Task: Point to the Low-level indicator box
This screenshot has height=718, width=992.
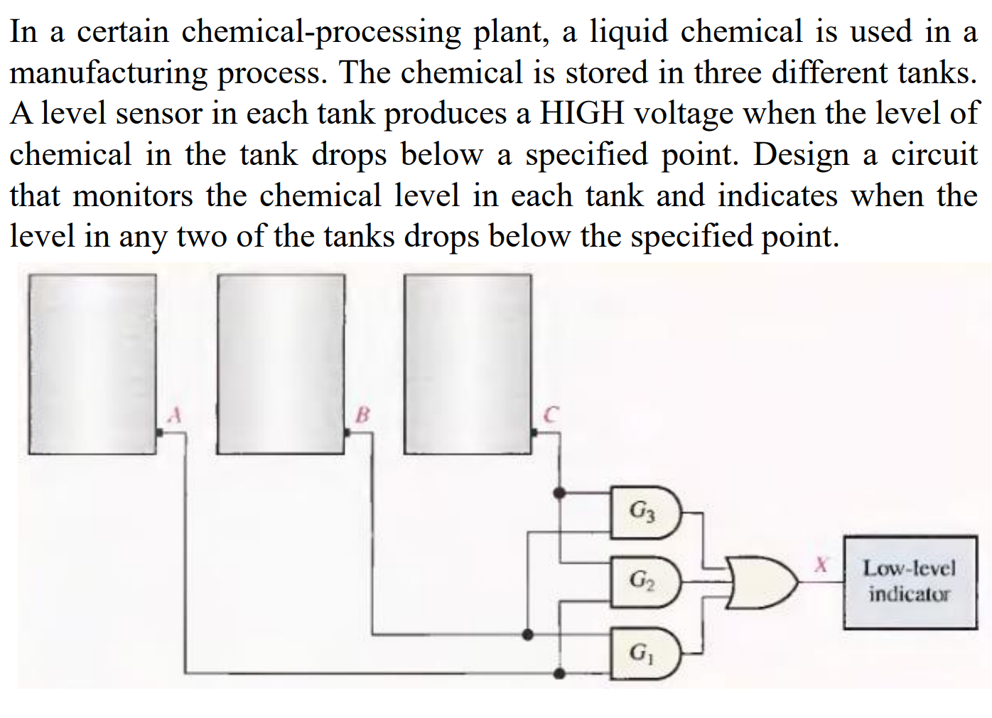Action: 910,582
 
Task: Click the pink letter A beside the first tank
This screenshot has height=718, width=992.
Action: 174,414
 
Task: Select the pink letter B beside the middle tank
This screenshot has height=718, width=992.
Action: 362,414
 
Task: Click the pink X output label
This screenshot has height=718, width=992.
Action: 821,565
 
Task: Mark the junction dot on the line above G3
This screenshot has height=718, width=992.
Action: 559,492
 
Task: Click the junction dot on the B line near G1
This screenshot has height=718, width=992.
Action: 527,634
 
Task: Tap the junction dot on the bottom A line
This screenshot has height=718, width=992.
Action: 559,673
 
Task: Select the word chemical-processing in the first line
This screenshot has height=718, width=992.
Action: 320,33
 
